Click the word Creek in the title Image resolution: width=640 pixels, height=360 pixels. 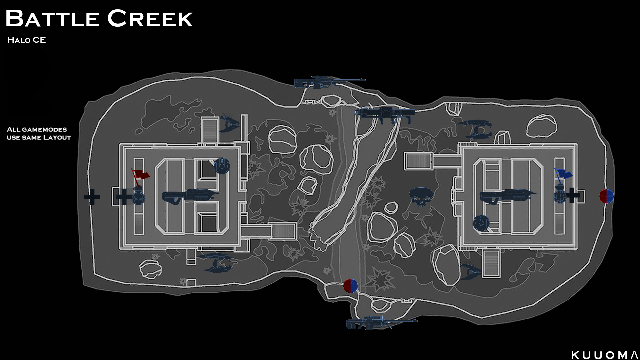point(150,19)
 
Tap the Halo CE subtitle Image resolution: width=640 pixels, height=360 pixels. point(27,40)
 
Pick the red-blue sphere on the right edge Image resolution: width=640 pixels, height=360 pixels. point(606,196)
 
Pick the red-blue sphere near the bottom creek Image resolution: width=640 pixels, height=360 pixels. point(350,286)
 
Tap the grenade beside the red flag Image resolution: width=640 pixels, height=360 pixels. point(138,197)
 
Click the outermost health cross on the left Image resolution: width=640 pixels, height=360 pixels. point(92,197)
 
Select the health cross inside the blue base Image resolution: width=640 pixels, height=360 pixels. point(573,196)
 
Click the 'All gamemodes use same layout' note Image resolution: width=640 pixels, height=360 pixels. point(39,133)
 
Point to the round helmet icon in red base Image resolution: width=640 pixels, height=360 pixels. point(222,166)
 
